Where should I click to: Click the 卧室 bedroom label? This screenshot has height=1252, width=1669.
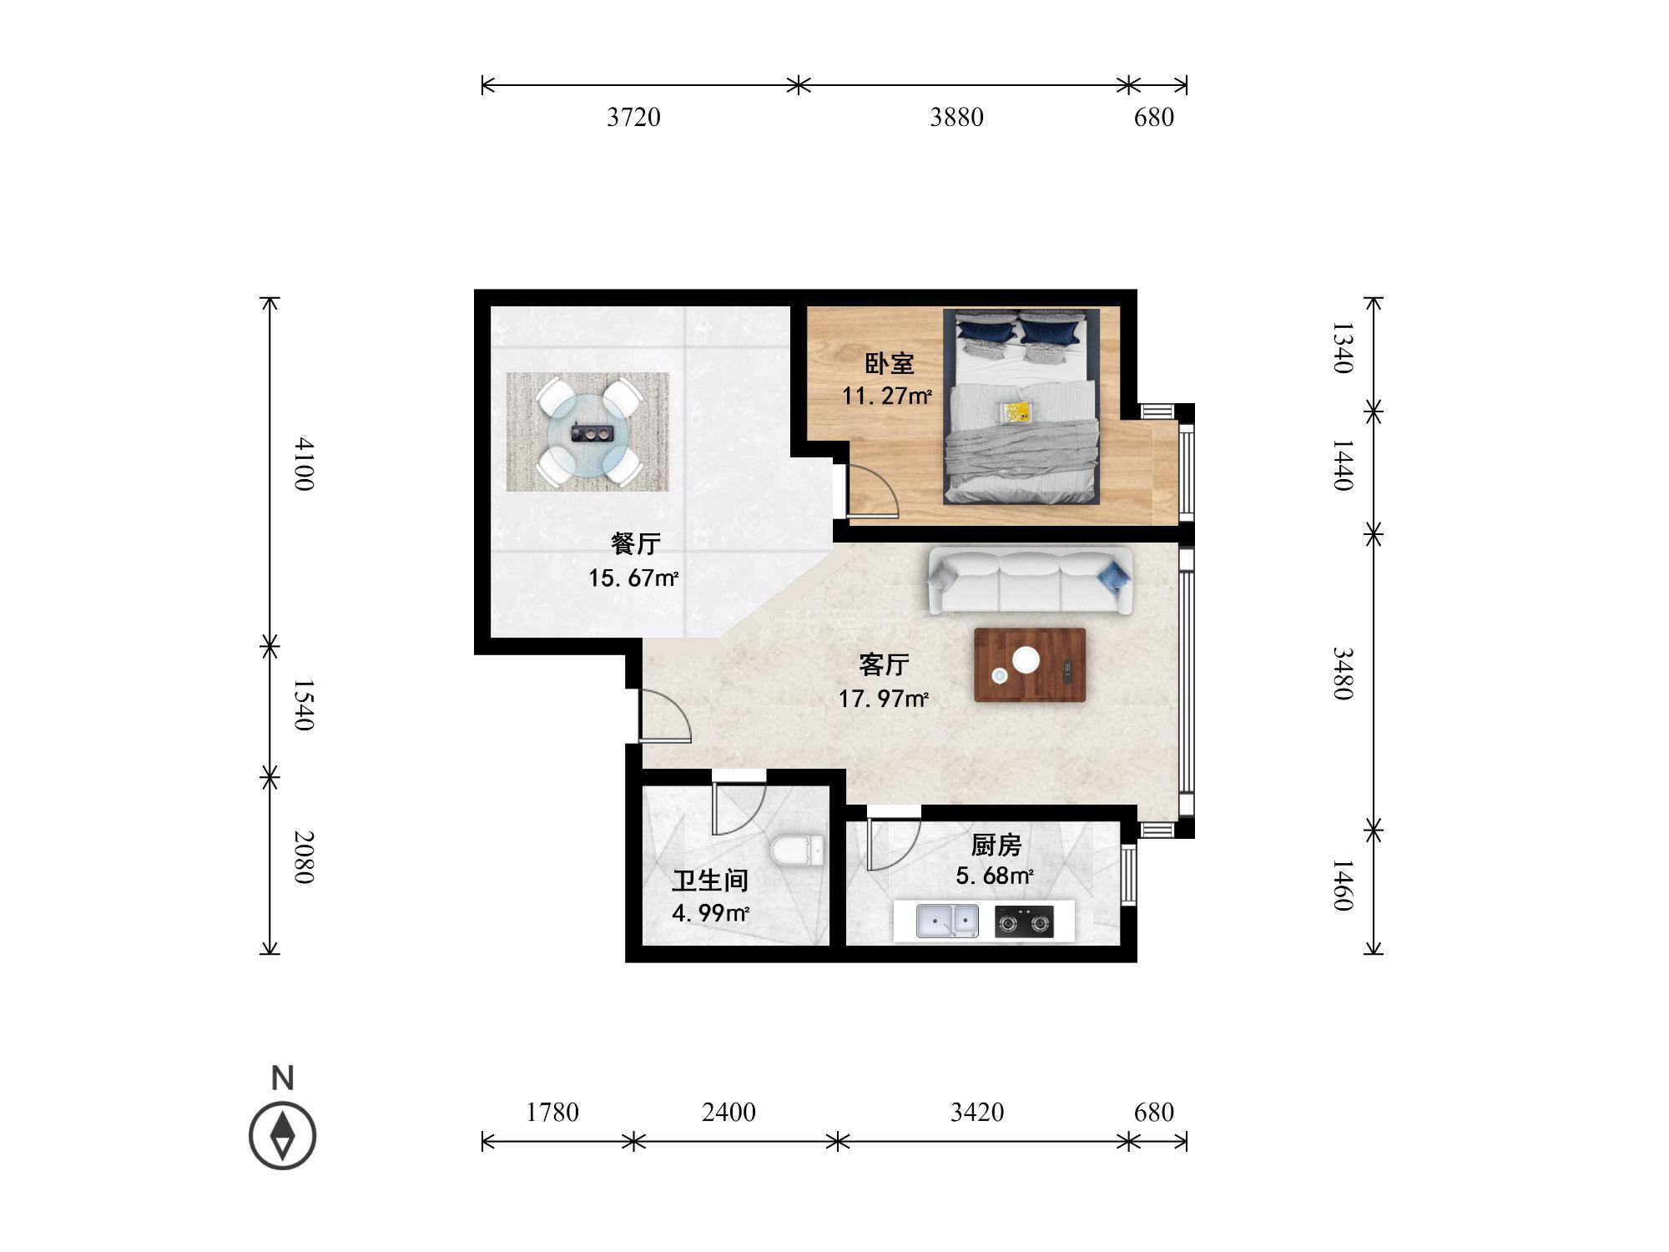point(889,364)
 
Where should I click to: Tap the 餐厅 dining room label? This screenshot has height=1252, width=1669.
point(636,544)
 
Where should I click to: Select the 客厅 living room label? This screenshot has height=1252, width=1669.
point(884,665)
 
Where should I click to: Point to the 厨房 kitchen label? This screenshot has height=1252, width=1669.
point(996,846)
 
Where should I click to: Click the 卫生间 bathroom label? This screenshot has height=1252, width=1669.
point(710,881)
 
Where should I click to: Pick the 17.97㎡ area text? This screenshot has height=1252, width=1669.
point(884,699)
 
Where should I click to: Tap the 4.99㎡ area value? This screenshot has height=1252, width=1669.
point(710,913)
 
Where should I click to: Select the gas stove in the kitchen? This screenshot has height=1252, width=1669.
point(1024,922)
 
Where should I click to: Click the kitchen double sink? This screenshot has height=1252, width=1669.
point(948,921)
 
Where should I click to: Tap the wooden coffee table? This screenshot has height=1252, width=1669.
point(1030,665)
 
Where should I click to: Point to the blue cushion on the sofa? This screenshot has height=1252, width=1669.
point(1114,573)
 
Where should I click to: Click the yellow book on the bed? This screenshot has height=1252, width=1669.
point(1016,412)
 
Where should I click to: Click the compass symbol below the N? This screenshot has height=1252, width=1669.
point(283,1136)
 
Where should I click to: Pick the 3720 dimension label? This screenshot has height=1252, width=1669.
point(633,118)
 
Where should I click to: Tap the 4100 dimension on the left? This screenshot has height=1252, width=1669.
point(303,464)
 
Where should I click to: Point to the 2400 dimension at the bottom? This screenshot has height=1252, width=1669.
point(729,1113)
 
